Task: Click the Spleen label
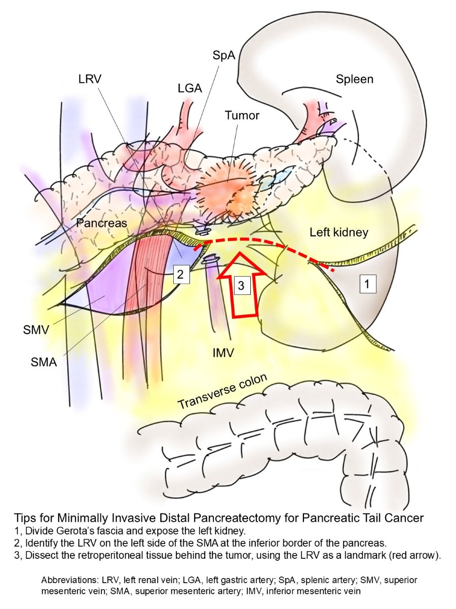354,79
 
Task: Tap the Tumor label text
242,116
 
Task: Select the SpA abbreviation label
224,55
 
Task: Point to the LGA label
190,88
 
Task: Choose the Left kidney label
339,232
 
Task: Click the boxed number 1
368,285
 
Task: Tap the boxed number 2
181,275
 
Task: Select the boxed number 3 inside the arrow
241,286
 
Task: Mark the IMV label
222,352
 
